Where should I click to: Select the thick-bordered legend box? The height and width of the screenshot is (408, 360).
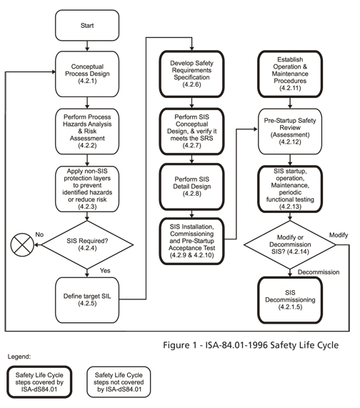pos(45,383)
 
